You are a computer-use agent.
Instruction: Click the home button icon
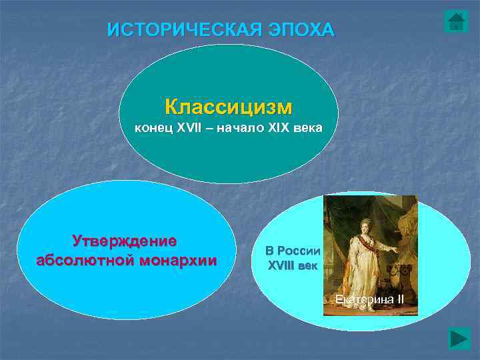pos(456,21)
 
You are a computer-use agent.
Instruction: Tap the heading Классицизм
pos(229,107)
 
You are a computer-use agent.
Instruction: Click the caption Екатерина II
pos(369,298)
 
